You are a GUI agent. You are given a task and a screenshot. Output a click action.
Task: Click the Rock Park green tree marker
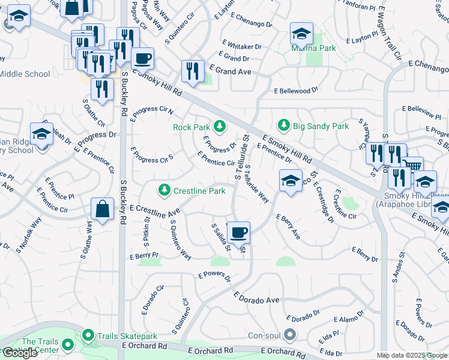220,126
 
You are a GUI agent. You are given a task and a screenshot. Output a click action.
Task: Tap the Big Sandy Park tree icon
283,125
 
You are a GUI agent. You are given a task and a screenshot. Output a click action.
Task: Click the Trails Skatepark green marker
88,335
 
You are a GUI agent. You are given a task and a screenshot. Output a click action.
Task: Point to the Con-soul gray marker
291,334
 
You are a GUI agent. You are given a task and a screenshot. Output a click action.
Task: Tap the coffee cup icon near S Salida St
239,232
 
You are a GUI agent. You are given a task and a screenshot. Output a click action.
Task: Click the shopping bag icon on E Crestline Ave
102,209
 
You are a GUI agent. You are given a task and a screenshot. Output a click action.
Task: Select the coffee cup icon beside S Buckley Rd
142,59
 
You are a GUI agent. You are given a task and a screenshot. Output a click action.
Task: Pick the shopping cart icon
412,166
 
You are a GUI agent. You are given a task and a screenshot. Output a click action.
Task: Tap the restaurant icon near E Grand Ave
193,71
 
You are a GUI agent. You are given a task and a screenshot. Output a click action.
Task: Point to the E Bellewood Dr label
295,91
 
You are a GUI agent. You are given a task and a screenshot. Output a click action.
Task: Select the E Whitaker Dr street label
242,46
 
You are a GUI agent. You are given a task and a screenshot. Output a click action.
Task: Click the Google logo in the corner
20,353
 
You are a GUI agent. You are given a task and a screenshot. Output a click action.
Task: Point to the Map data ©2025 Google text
412,355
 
